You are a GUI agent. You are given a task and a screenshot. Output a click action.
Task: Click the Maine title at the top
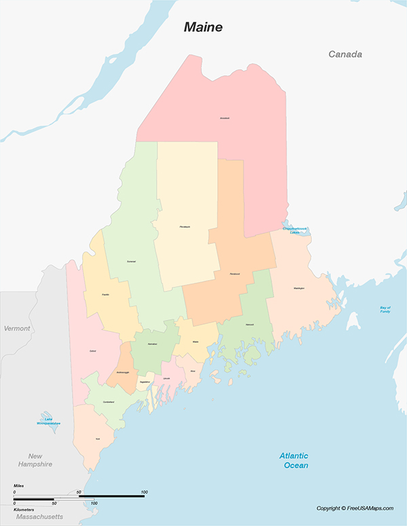coord(203,28)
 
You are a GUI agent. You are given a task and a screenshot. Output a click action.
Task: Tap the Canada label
coord(345,54)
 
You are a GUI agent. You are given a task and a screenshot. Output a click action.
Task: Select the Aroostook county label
coord(225,118)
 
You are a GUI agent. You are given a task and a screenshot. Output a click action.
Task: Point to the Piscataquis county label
coord(185,226)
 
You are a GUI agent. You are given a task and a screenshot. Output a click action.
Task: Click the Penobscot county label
coord(235,274)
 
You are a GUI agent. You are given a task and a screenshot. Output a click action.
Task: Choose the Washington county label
coord(299,288)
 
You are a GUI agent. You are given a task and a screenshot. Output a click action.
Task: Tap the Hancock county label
coord(250,325)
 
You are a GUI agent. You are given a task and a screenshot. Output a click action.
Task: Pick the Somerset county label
coord(131,261)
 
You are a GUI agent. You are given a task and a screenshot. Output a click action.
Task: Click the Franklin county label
coord(106,295)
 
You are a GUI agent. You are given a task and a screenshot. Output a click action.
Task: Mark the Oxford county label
coord(92,351)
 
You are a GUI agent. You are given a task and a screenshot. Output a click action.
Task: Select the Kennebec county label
coord(153,344)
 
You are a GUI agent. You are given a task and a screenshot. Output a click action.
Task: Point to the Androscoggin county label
coord(121,373)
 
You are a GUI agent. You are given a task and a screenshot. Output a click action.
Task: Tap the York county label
coord(98,439)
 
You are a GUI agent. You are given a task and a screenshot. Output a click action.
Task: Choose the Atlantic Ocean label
coord(294,460)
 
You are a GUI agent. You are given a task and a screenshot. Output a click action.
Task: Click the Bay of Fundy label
coord(385,309)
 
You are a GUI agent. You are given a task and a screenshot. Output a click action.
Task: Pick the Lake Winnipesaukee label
coord(49,423)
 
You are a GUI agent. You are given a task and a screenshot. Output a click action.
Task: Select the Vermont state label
coord(17,328)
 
